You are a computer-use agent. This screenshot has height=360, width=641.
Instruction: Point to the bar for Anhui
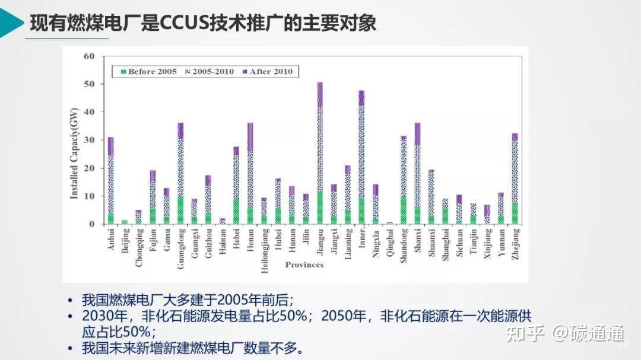coord(111,180)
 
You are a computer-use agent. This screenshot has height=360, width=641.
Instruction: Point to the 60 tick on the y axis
coord(90,56)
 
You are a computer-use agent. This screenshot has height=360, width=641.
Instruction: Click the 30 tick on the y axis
coord(90,140)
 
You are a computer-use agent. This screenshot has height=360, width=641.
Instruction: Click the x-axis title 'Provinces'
coord(304,265)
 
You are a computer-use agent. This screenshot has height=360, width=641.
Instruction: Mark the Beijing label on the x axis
coord(125,240)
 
